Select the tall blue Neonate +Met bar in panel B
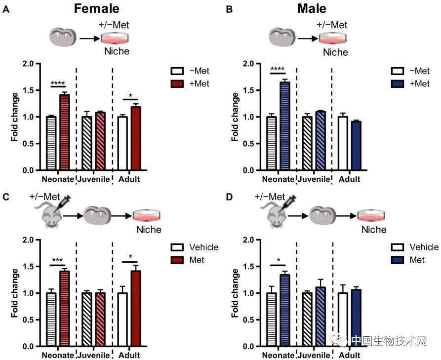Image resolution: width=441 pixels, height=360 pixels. point(284,126)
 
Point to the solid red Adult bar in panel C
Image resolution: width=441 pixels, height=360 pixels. point(136,309)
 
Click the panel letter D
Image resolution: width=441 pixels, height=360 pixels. point(228,198)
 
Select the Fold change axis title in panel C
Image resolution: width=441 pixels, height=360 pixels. point(14,293)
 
